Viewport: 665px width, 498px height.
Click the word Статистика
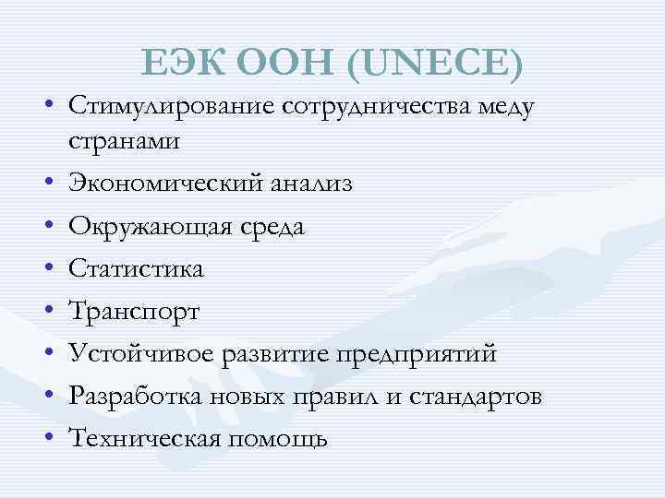[x=136, y=268]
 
